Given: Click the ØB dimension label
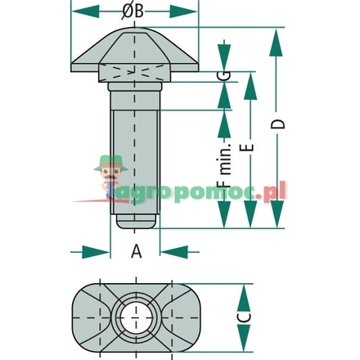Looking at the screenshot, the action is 133,11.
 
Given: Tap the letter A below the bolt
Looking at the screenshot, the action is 137,251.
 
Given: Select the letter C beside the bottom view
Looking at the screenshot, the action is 244,317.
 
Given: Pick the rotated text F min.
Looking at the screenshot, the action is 225,164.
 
